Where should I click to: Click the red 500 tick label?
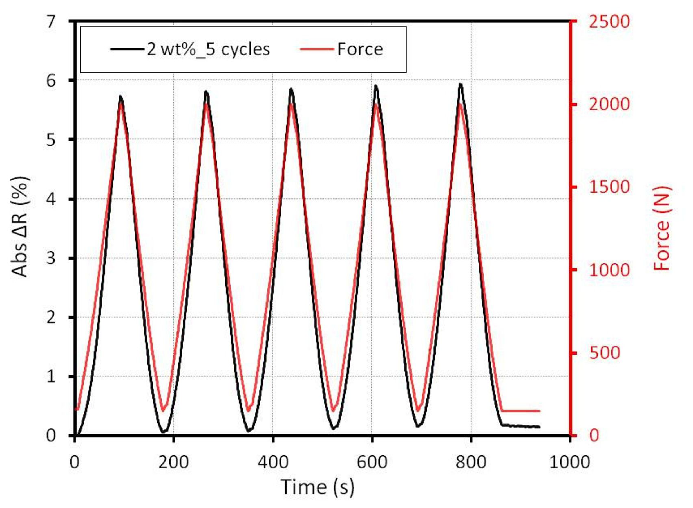click(x=604, y=353)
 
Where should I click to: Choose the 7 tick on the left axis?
click(x=52, y=22)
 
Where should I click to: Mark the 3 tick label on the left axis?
click(x=52, y=258)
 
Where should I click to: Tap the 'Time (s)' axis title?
click(x=318, y=487)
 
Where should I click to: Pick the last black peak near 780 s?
click(x=460, y=84)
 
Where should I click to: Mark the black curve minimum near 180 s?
click(x=164, y=432)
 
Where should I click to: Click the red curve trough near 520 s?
click(x=334, y=411)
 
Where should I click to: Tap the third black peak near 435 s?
click(x=291, y=89)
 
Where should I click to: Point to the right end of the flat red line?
click(x=539, y=411)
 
